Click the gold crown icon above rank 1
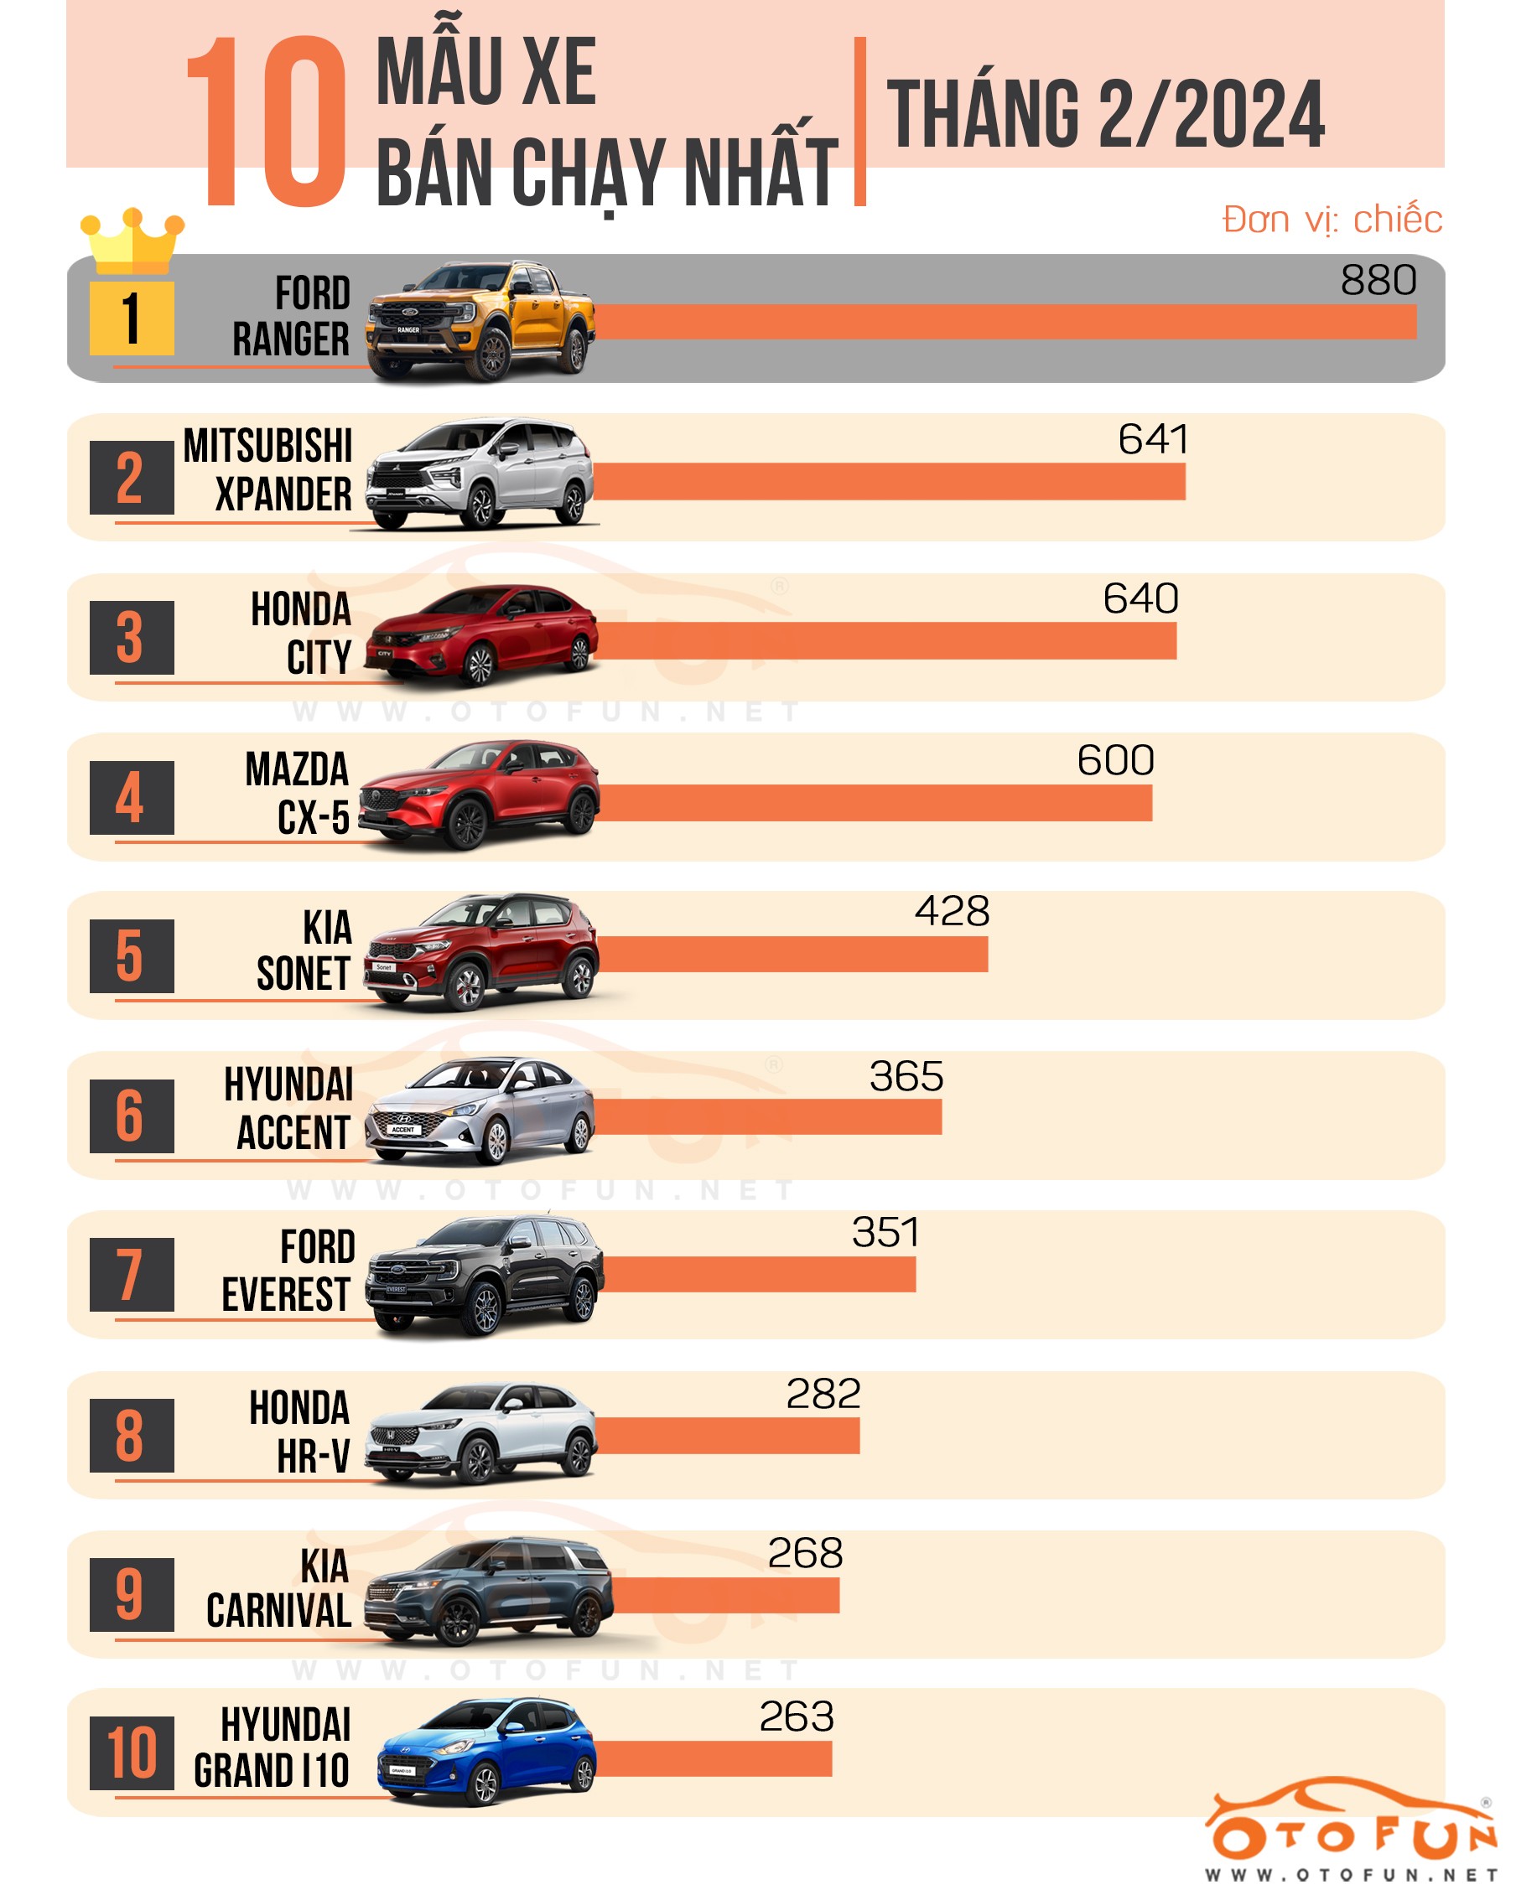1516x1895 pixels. pos(132,241)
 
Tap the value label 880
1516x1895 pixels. pos(1378,282)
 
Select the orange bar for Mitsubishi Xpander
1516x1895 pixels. pos(888,482)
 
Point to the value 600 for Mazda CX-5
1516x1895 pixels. pos(1115,760)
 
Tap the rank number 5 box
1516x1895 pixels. pos(132,956)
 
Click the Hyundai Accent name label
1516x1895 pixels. pos(289,1108)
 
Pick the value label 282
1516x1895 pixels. pos(823,1394)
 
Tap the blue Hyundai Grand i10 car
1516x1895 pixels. pos(486,1751)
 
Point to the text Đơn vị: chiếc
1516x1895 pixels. pos(1332,220)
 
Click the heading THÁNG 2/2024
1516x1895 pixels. pos(1105,114)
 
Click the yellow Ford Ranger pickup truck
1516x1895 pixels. pos(481,321)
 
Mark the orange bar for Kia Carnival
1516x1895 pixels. pos(725,1595)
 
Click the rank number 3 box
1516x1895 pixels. pos(132,637)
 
